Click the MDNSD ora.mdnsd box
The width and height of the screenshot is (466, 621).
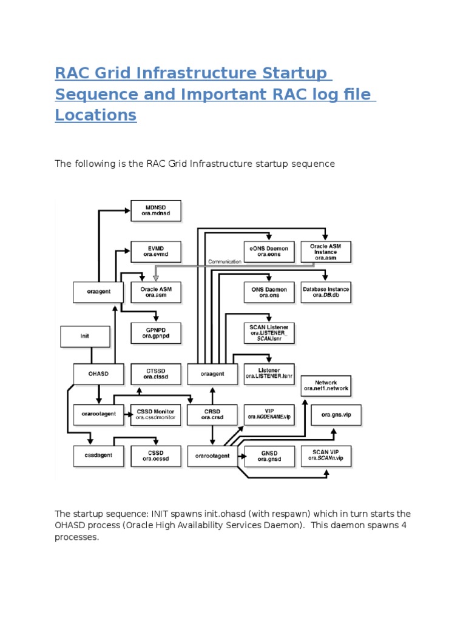click(x=156, y=210)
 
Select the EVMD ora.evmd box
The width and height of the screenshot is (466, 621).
click(x=156, y=251)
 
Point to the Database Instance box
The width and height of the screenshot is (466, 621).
click(x=326, y=292)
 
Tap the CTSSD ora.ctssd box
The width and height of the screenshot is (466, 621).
click(x=156, y=374)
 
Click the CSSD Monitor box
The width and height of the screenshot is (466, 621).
click(x=156, y=415)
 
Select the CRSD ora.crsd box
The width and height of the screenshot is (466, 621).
click(x=212, y=415)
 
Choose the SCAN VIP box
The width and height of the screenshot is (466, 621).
click(x=326, y=455)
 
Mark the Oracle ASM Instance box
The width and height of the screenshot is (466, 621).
click(x=326, y=252)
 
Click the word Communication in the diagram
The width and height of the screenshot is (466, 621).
click(x=225, y=262)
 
